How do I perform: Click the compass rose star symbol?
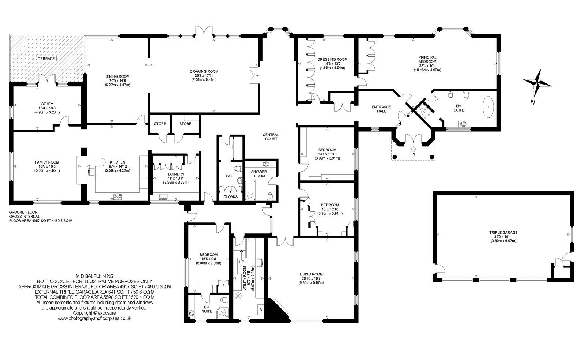point(537,83)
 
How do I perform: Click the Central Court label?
point(271,136)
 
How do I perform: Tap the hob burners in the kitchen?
point(118,196)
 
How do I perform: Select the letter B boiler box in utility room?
point(261,310)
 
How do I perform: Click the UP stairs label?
point(241,262)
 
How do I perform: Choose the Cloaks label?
point(230,196)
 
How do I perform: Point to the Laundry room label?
point(175,174)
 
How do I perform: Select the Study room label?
point(47,104)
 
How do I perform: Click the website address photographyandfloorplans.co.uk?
point(95,318)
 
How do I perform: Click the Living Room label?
point(311,274)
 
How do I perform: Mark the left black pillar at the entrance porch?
point(395,157)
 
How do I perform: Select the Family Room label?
point(47,162)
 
